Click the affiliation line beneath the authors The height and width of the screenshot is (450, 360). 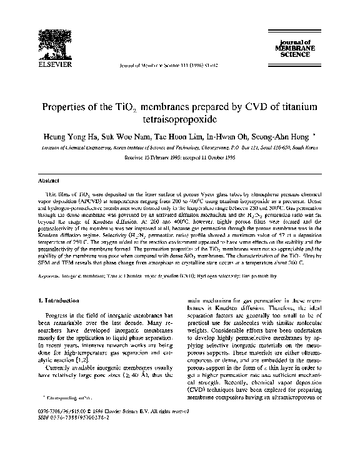(x=180, y=147)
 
